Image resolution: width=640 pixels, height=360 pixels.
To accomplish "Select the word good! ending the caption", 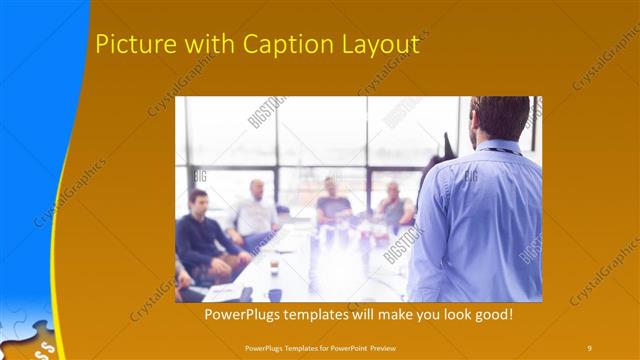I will pos(491,314).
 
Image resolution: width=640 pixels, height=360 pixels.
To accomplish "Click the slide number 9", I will pos(590,347).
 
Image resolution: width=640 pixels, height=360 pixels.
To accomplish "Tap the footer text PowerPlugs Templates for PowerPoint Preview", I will pos(319,347).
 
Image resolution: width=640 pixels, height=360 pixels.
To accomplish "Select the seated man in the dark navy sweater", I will pos(201,232).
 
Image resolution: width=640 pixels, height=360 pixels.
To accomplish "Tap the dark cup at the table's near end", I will pos(274,295).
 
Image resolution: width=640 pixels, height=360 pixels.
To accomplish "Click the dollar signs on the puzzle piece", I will pos(45,349).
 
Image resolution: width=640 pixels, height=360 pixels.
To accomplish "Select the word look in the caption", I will pos(450,314).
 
